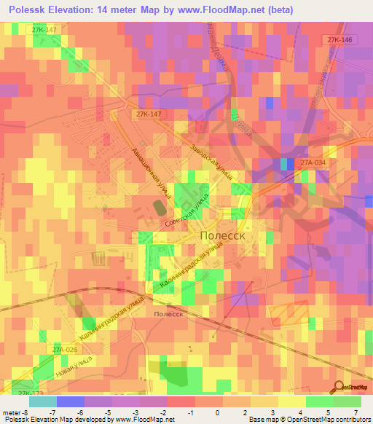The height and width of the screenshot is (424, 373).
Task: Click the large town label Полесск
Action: (227, 237)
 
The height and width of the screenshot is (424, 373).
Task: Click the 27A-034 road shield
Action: (311, 164)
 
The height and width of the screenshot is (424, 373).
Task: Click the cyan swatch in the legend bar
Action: (43, 401)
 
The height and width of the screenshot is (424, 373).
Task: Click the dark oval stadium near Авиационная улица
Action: (158, 208)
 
